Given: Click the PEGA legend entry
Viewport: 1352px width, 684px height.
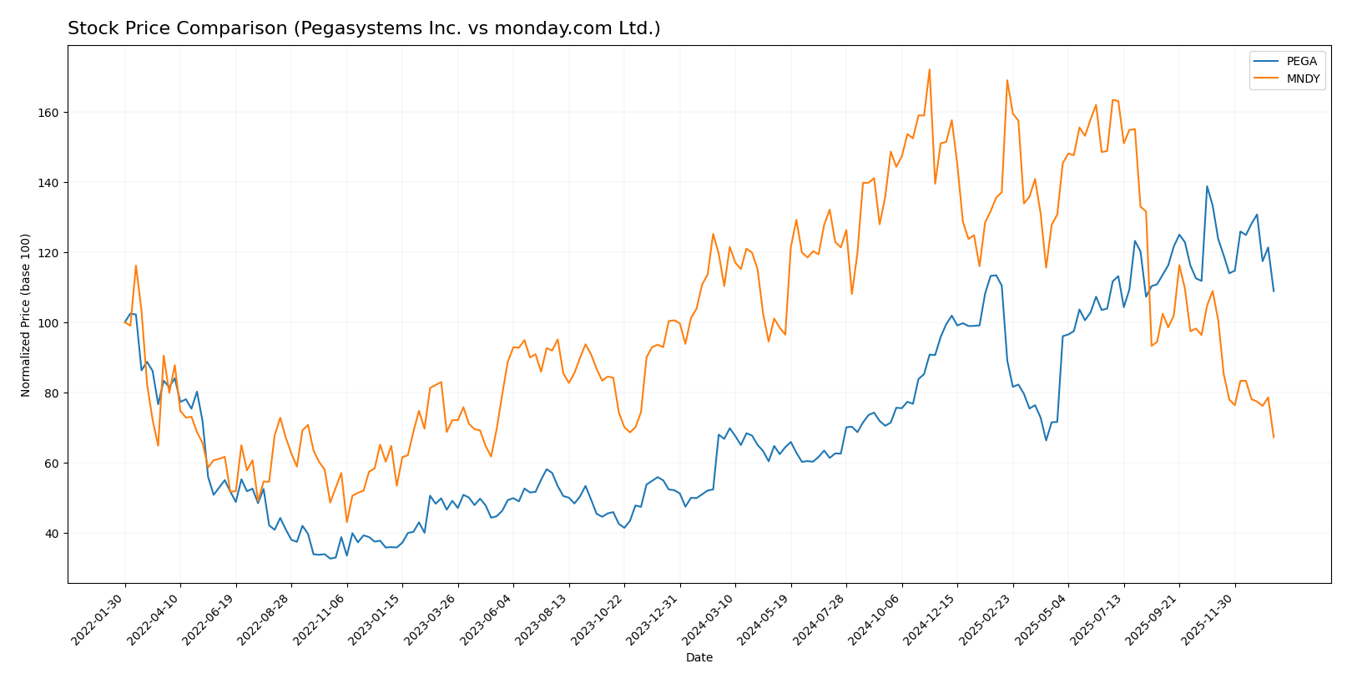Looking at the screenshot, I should click(1301, 62).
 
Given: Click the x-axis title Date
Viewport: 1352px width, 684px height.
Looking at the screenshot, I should click(699, 658).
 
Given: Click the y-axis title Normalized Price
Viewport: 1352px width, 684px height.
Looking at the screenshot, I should click(26, 315).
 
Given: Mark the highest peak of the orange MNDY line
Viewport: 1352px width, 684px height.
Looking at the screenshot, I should click(929, 69).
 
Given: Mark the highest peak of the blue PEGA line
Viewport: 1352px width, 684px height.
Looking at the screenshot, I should click(1207, 186).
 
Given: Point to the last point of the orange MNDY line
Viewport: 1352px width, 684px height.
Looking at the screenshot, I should click(1274, 437).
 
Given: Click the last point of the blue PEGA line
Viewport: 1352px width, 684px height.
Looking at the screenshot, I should click(1274, 291).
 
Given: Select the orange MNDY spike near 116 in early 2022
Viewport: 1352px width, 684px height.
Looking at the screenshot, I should click(136, 266).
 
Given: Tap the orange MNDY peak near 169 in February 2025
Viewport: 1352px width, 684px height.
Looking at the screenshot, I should click(1006, 80).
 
